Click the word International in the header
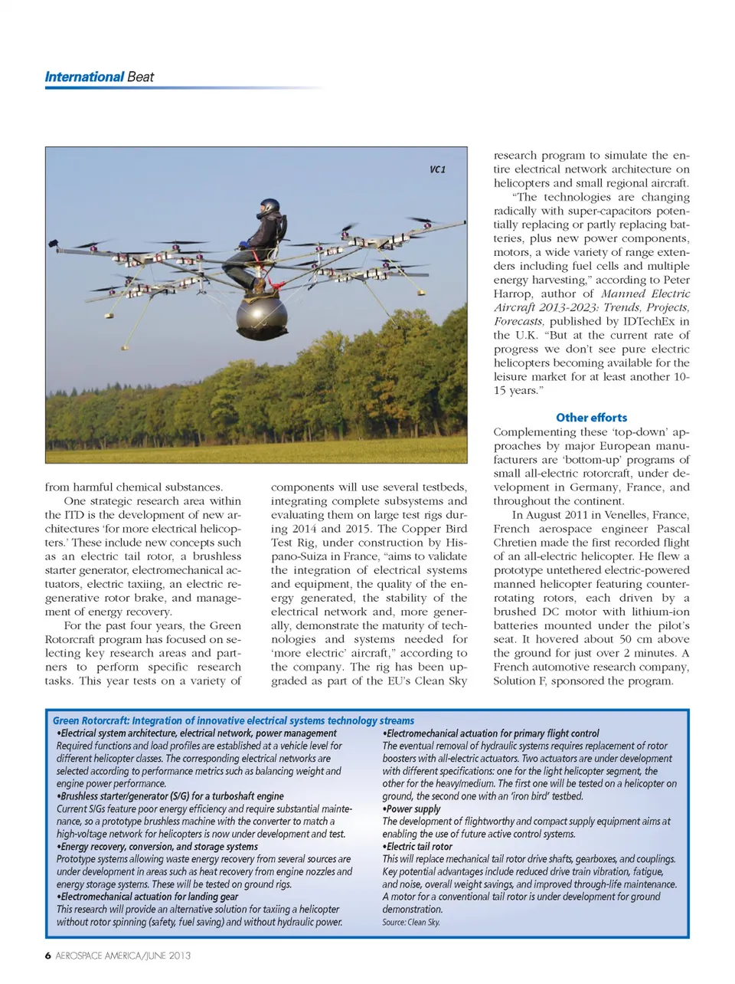click(x=84, y=77)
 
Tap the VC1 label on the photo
click(x=437, y=169)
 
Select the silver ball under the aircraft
click(x=262, y=315)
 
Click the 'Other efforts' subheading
click(x=591, y=418)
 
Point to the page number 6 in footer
click(x=48, y=956)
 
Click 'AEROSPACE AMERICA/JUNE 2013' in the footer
click(x=123, y=956)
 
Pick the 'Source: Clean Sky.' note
click(x=411, y=922)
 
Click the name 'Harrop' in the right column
click(x=514, y=294)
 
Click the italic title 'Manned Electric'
click(x=645, y=294)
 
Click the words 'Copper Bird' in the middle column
click(x=411, y=529)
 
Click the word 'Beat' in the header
click(x=141, y=77)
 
